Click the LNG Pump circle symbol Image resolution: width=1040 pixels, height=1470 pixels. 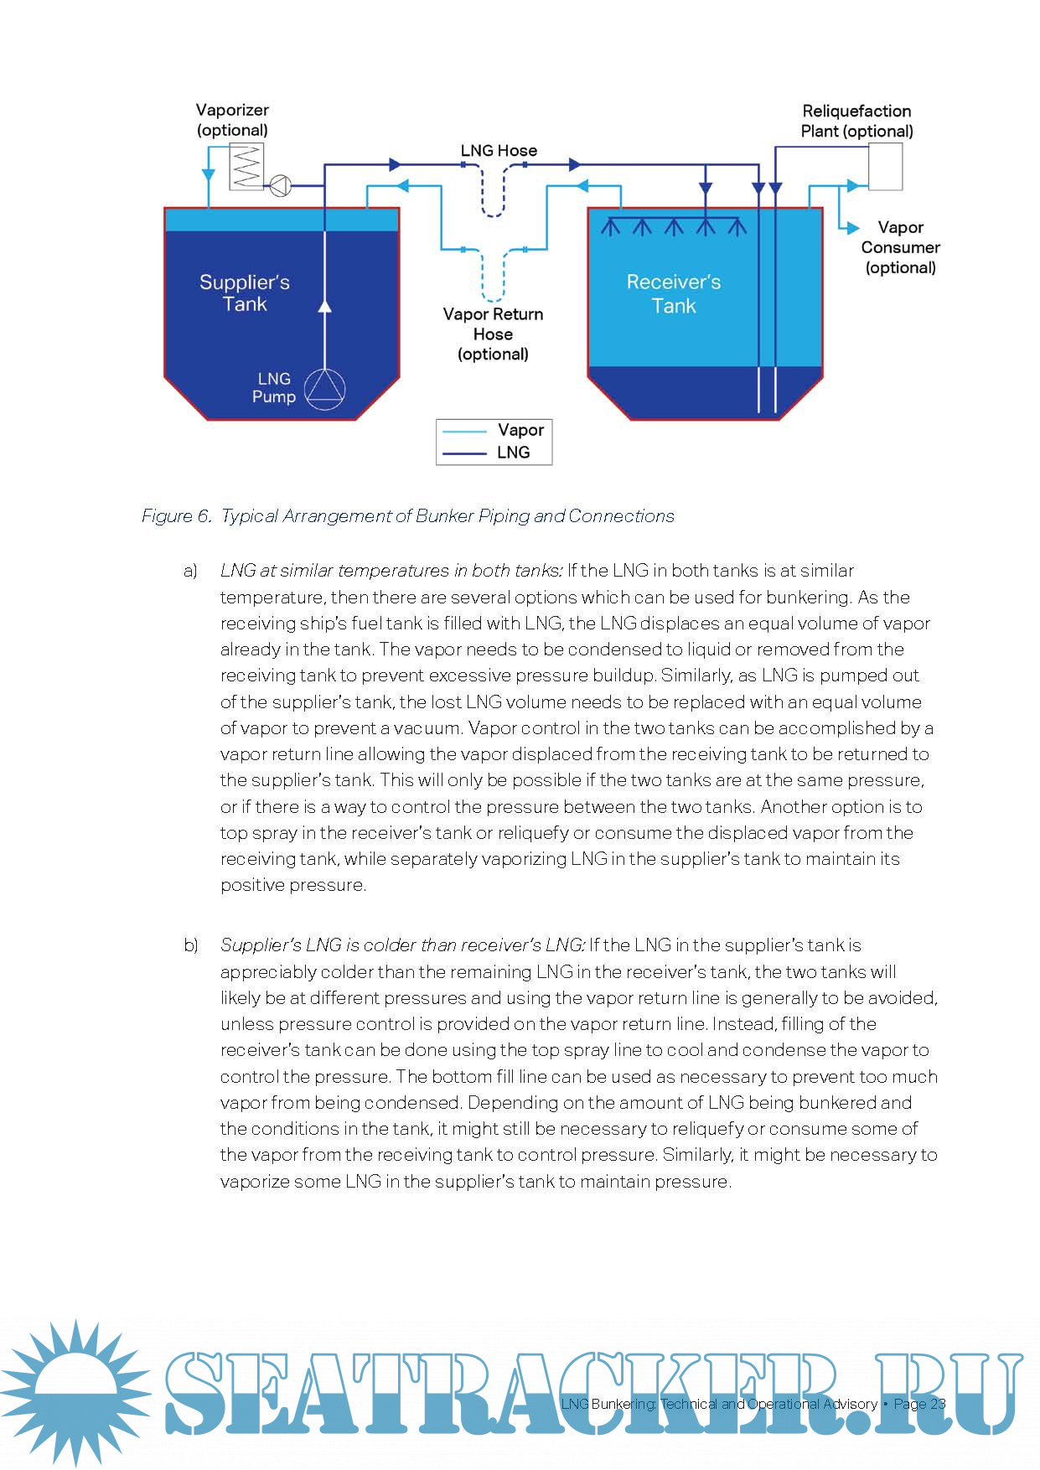(324, 389)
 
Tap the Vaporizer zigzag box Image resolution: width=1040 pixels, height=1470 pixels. (246, 166)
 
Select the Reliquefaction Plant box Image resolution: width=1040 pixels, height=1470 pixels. (885, 167)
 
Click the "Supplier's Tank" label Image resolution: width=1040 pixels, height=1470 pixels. (245, 293)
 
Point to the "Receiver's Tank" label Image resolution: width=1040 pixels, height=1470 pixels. (674, 294)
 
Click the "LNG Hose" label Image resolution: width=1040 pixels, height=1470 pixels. (499, 151)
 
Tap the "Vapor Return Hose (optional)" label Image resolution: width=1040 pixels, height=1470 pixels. (493, 334)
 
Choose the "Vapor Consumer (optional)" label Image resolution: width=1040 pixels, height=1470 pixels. (900, 247)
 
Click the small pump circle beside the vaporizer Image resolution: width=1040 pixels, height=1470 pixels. (280, 185)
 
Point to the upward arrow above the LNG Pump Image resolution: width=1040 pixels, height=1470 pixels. (324, 306)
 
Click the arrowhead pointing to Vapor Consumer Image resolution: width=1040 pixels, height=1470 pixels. (853, 227)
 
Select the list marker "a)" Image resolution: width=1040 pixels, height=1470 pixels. (190, 572)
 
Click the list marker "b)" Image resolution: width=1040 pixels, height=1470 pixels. (191, 945)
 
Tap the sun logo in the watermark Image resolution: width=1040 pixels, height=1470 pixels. (76, 1393)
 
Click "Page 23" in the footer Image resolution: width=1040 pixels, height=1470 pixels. (919, 1404)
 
